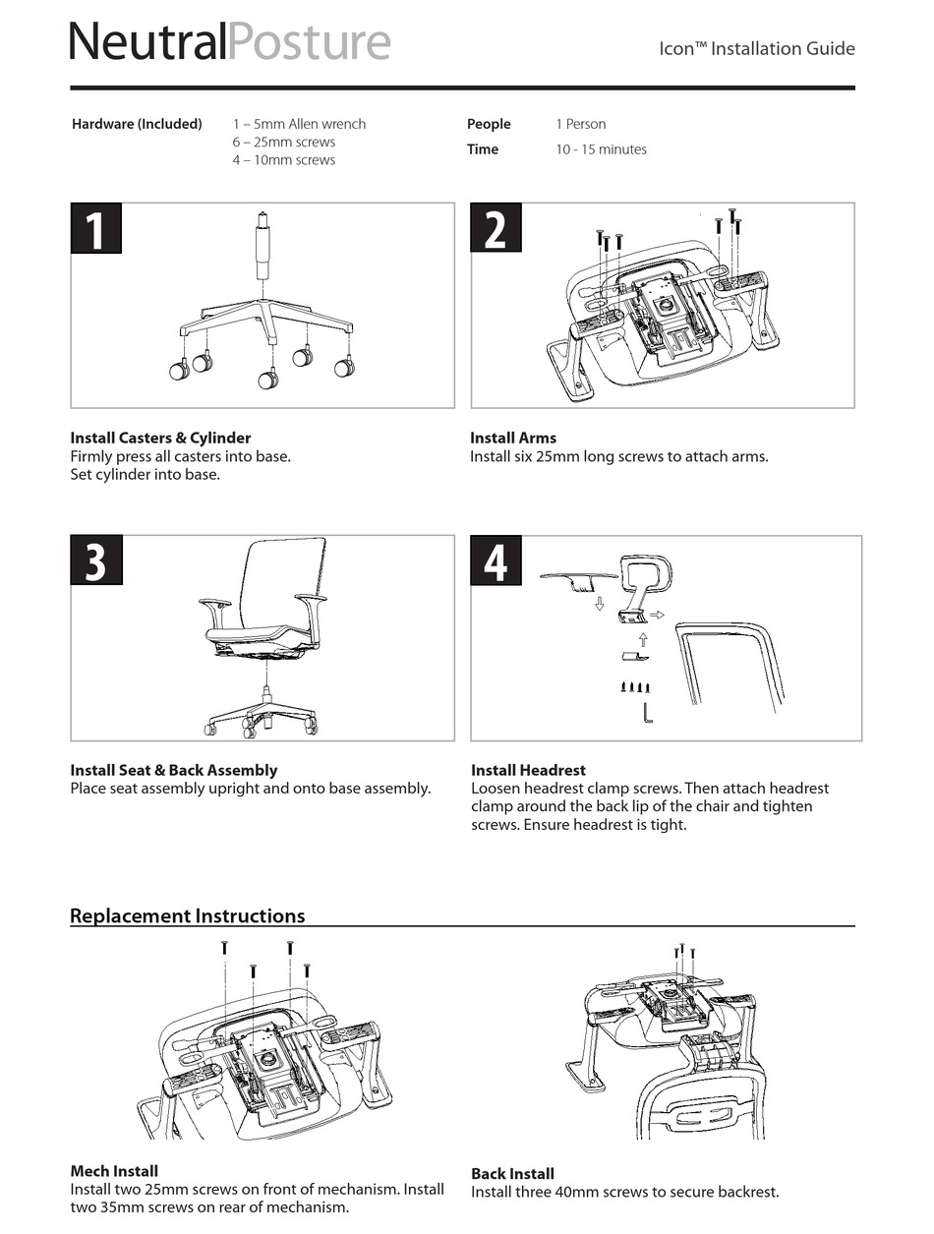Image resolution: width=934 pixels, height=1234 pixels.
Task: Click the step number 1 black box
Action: coord(96,228)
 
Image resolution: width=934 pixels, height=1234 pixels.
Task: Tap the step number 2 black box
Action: coord(496,228)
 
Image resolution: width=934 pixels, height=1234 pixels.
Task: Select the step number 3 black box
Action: coord(96,560)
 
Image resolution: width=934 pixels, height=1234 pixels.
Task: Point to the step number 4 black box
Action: coord(496,560)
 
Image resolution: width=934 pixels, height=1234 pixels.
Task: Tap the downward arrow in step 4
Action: coord(599,603)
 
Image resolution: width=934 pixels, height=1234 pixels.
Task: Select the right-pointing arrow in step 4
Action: coord(658,615)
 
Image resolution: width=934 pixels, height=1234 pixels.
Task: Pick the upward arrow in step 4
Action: coord(643,640)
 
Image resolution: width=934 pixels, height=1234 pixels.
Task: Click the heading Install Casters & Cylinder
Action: coord(160,438)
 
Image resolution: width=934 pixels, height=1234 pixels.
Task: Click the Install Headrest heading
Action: coord(528,770)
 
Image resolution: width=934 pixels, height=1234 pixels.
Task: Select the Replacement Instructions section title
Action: coord(187,915)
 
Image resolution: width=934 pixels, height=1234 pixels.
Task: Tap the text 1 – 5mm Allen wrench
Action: coord(299,124)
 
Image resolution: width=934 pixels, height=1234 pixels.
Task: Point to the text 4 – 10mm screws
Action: coord(283,159)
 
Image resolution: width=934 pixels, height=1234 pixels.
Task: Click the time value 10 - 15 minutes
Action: coord(601,149)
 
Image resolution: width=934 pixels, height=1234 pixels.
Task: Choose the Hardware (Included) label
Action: coord(137,124)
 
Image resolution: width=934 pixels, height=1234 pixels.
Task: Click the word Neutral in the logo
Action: coord(147,42)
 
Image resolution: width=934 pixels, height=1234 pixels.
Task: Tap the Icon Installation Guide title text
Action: coord(756,48)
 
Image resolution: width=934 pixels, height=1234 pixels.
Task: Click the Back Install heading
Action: coord(512,1173)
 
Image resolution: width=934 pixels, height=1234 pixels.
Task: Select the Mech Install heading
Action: coord(114,1171)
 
